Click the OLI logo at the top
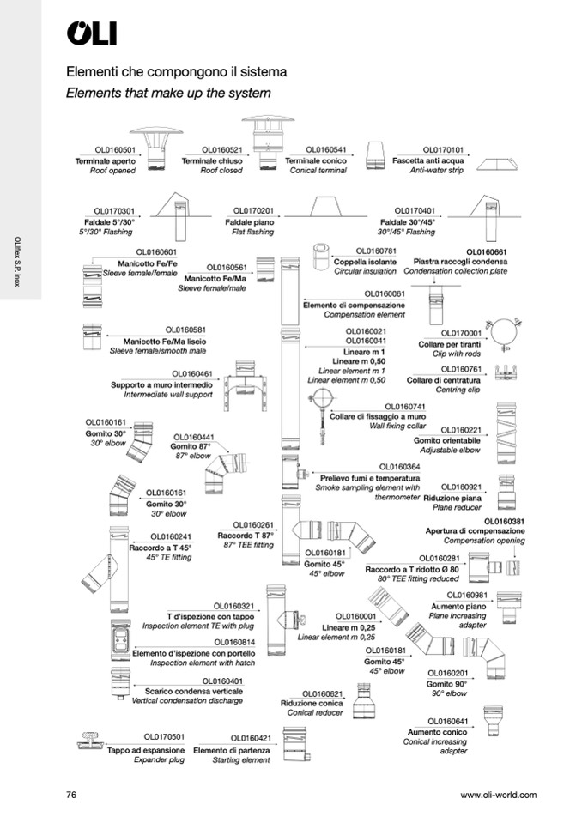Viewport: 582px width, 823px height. coord(92,33)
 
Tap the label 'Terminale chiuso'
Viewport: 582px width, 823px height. coord(212,160)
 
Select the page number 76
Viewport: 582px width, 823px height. coord(72,796)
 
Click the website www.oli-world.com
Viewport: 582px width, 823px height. coord(498,796)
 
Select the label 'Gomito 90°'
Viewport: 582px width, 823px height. coord(446,683)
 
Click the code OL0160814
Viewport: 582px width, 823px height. coord(233,641)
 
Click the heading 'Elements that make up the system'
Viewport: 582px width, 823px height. coord(168,93)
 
